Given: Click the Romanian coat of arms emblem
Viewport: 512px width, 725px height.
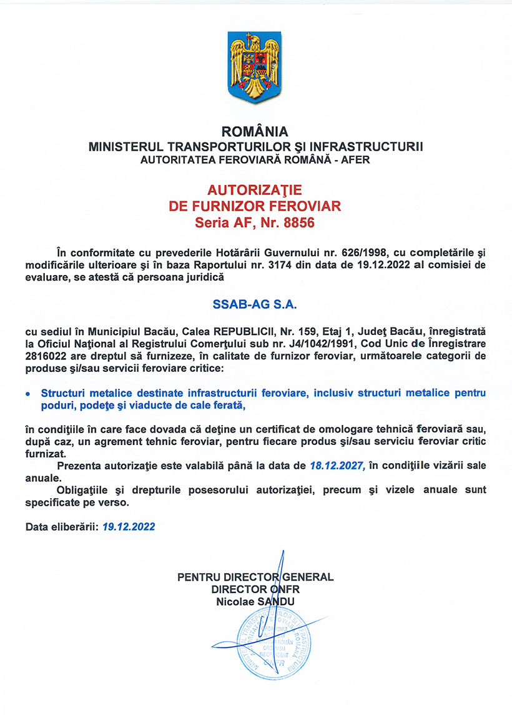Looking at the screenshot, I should click(x=255, y=68).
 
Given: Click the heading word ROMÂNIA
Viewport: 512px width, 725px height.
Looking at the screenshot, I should click(x=255, y=132).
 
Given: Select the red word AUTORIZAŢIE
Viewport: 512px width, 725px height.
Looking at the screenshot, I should click(x=255, y=189).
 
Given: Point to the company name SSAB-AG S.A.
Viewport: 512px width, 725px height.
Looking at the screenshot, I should click(x=255, y=306).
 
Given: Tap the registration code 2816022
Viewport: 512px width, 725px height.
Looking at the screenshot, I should click(x=47, y=357).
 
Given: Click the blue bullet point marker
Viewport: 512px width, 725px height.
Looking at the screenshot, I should click(x=27, y=394).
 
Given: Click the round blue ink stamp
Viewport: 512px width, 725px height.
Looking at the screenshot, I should click(x=273, y=644).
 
